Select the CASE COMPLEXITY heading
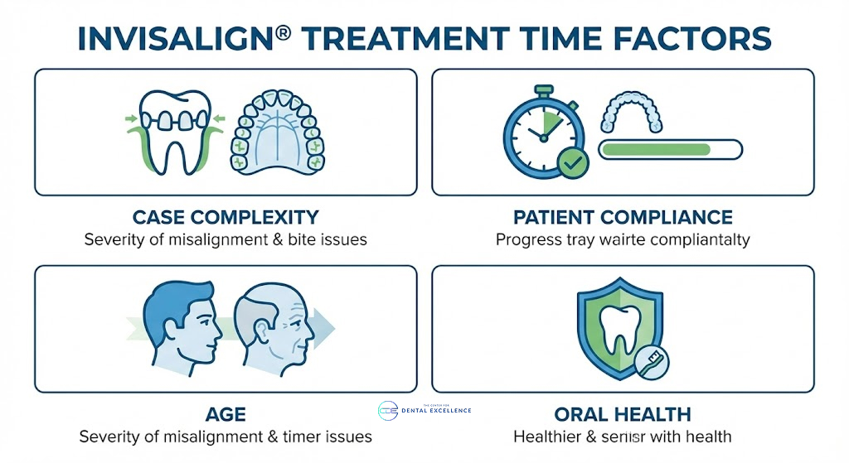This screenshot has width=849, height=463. pos(226,218)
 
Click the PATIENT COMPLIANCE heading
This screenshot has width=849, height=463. pos(623,218)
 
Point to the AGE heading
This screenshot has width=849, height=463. pos(226,414)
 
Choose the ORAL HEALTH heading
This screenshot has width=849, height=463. pos(623,414)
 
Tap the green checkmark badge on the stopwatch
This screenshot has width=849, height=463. pos(571,164)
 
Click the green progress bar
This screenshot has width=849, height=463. pos(655,149)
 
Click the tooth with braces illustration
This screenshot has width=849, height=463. pos(173,133)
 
